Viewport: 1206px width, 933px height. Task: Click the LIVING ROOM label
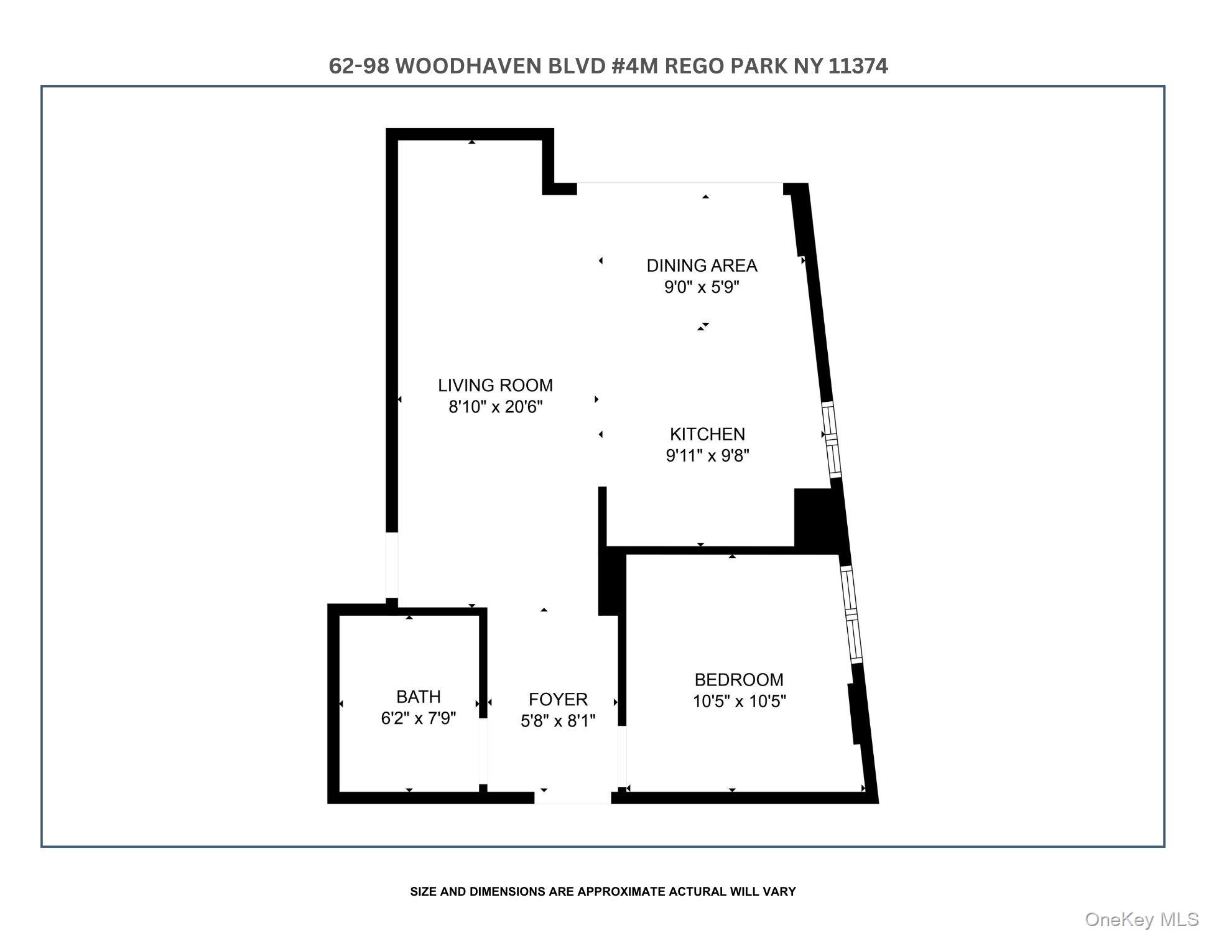[x=495, y=385]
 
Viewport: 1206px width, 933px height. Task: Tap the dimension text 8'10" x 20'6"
[x=496, y=407]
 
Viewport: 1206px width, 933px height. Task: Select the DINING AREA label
[x=702, y=266]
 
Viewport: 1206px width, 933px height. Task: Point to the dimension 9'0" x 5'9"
[x=702, y=287]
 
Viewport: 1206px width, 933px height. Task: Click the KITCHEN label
[x=707, y=434]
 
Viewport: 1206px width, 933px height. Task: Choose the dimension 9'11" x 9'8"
[x=707, y=456]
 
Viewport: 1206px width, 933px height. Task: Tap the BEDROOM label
[x=739, y=679]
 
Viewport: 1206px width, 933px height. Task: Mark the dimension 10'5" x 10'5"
[x=740, y=702]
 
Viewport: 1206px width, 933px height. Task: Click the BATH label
[x=419, y=696]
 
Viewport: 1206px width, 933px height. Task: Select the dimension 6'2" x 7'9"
[x=419, y=718]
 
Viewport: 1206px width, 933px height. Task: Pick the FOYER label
[x=558, y=699]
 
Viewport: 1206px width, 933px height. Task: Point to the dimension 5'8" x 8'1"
[x=558, y=722]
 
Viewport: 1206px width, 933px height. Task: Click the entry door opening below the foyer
[x=573, y=797]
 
